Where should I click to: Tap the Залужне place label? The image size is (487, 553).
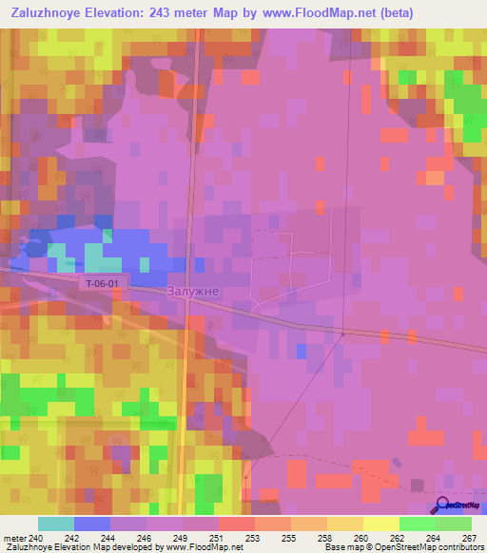(194, 292)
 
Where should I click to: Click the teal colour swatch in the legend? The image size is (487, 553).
(56, 524)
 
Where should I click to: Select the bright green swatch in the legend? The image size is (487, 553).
(417, 524)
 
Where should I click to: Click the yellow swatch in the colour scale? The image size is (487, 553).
(380, 524)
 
